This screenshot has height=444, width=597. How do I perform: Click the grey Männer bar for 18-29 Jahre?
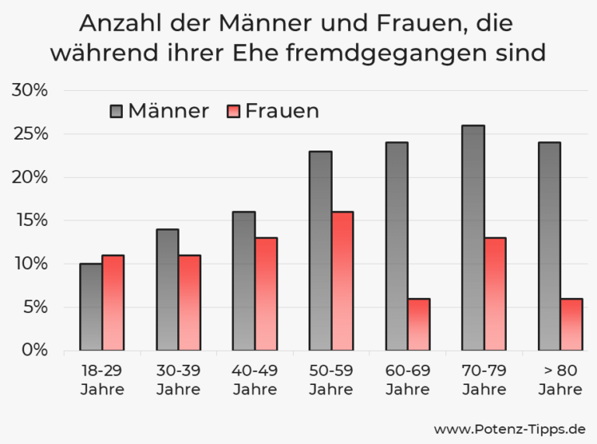pyautogui.click(x=91, y=307)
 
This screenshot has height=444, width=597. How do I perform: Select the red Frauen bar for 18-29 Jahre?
pyautogui.click(x=113, y=303)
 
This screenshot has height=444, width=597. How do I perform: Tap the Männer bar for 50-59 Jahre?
pyautogui.click(x=320, y=251)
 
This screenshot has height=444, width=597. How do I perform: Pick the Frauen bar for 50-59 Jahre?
pyautogui.click(x=342, y=281)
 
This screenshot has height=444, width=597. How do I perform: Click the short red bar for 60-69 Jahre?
pyautogui.click(x=418, y=324)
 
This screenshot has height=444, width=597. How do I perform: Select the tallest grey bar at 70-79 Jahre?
pyautogui.click(x=473, y=238)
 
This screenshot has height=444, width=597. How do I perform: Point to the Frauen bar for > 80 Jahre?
pyautogui.click(x=571, y=324)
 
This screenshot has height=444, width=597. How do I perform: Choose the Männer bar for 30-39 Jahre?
pyautogui.click(x=167, y=290)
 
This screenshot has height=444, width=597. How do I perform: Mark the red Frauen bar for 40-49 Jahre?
pyautogui.click(x=266, y=293)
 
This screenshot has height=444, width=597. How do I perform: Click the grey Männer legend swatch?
pyautogui.click(x=117, y=111)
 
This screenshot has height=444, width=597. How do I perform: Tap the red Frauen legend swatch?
pyautogui.click(x=234, y=111)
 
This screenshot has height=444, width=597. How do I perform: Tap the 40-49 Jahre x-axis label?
pyautogui.click(x=255, y=380)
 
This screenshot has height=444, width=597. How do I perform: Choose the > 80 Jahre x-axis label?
pyautogui.click(x=560, y=380)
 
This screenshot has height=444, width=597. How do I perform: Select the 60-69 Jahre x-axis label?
pyautogui.click(x=407, y=380)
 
